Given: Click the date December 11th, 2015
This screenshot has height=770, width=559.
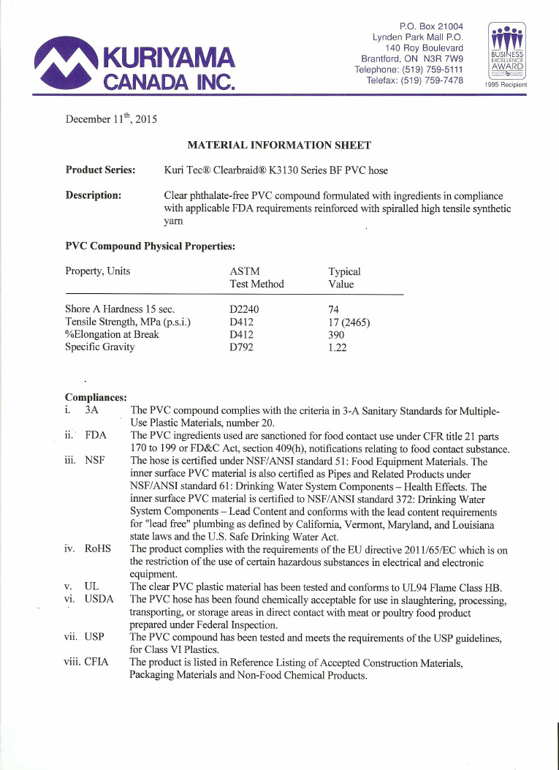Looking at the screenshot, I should click(x=111, y=118).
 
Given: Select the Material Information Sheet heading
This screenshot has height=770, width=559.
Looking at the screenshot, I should click(x=279, y=146).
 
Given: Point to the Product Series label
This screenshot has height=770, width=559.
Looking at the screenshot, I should click(x=100, y=170).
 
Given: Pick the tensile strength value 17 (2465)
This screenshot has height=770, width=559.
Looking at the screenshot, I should click(x=349, y=322).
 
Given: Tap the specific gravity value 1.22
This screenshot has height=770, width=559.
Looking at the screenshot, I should click(x=338, y=347).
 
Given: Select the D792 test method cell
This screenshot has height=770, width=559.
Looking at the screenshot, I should click(x=241, y=347).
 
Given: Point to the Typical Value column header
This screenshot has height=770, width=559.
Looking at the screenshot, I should click(x=344, y=277).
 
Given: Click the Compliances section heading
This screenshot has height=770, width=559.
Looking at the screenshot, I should click(x=96, y=397).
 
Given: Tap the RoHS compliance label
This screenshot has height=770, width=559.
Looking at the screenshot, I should click(x=97, y=549).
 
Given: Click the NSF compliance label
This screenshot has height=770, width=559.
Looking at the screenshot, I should click(x=96, y=461).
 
